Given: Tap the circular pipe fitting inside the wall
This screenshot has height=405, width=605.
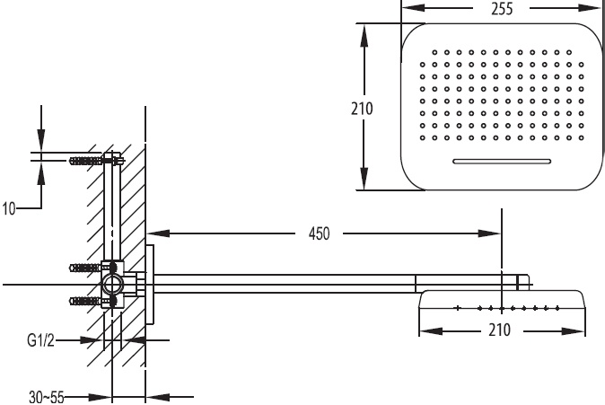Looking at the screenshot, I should (x=114, y=286).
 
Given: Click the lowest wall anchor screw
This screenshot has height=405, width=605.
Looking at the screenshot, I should (x=87, y=301).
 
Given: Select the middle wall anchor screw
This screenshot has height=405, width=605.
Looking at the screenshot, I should (x=87, y=267).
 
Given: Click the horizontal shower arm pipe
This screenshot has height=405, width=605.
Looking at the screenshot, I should (x=287, y=283).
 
